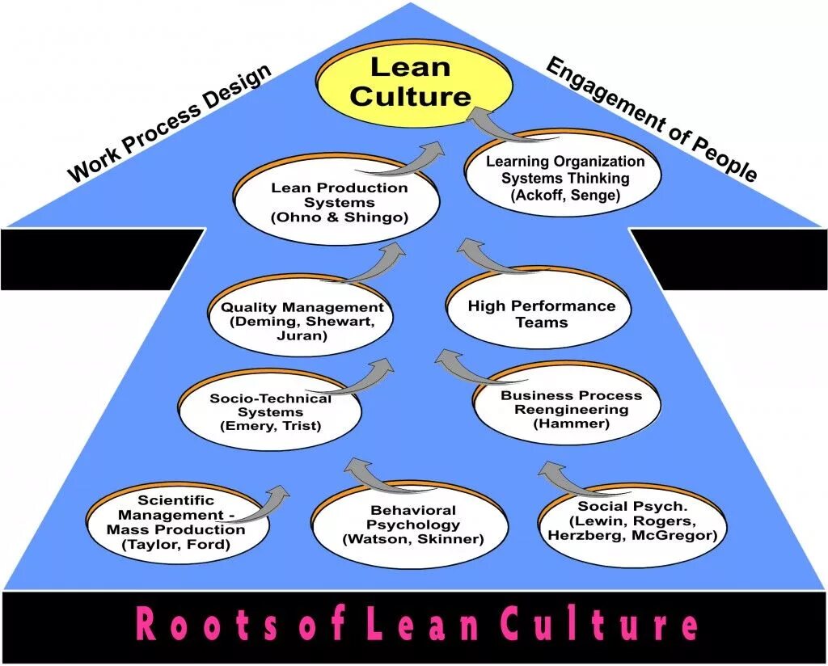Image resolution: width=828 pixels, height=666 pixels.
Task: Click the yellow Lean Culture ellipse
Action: (x=410, y=82)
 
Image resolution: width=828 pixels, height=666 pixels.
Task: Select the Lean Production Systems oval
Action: (x=339, y=202)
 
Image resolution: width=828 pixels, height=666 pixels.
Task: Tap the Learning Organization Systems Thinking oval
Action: (x=564, y=178)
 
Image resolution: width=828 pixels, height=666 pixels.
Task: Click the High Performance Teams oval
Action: (x=541, y=314)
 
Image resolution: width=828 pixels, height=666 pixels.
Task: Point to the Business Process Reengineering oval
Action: (x=571, y=409)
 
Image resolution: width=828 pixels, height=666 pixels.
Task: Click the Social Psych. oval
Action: (x=632, y=520)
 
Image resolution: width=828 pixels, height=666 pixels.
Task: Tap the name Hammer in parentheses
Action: (x=571, y=423)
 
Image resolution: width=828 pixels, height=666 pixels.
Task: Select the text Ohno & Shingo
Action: (x=339, y=217)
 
